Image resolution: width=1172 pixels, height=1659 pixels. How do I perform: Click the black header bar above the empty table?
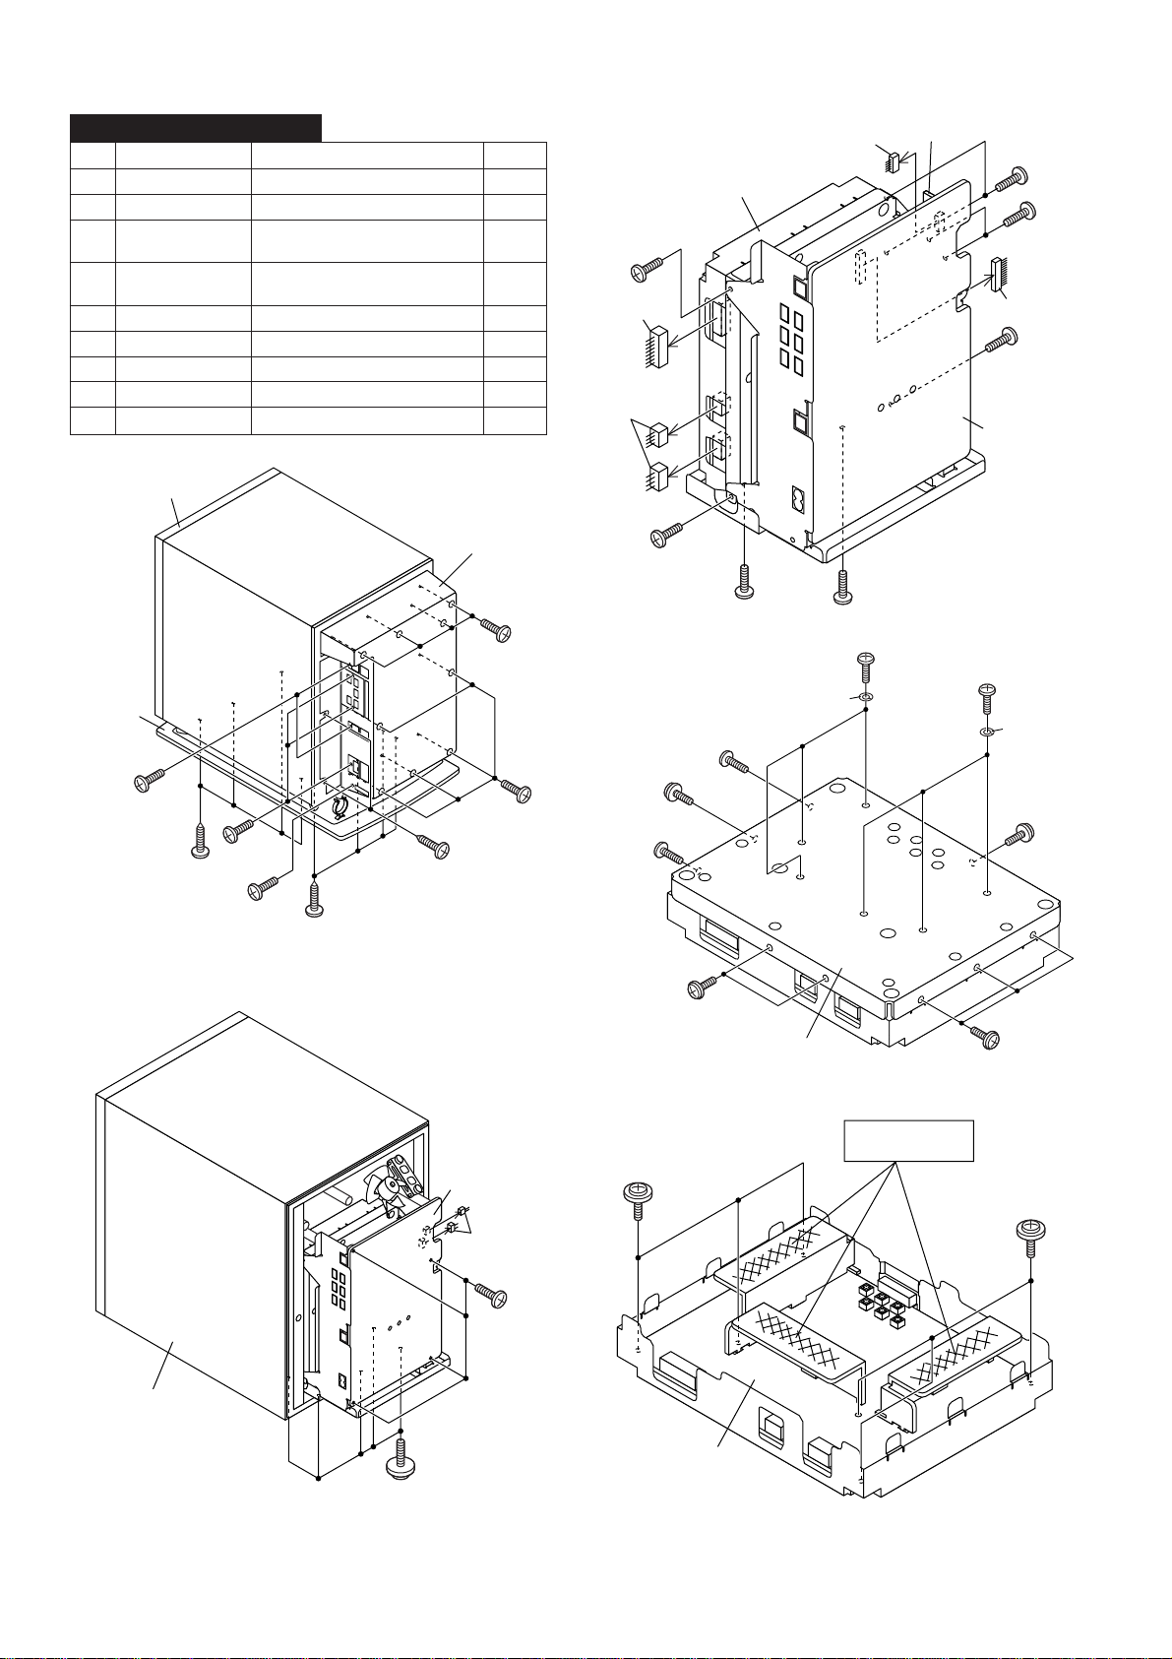196,128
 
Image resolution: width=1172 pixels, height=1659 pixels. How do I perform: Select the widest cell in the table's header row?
367,156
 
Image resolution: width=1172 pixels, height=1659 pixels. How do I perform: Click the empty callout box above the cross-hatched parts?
909,1140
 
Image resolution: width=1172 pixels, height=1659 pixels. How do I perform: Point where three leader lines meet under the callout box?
894,1164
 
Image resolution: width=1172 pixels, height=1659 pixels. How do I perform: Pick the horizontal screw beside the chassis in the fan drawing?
489,1294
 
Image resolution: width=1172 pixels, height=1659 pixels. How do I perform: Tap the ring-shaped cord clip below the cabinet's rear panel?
339,807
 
